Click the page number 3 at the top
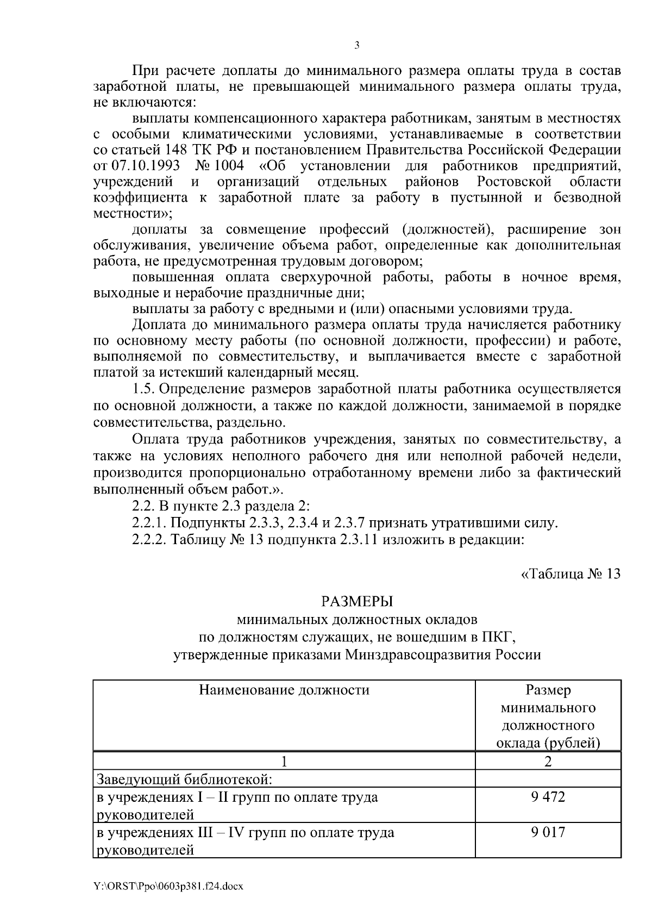point(357,46)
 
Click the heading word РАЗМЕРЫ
point(357,602)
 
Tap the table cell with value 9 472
point(548,797)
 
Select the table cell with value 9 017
point(548,832)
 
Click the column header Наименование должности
point(284,690)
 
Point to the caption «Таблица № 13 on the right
point(570,574)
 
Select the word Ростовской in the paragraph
point(515,181)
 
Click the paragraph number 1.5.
point(144,389)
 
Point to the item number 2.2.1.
point(149,524)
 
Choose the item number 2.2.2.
point(149,540)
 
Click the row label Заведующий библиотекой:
point(184,779)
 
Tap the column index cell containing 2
point(548,762)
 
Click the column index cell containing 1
point(284,762)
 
